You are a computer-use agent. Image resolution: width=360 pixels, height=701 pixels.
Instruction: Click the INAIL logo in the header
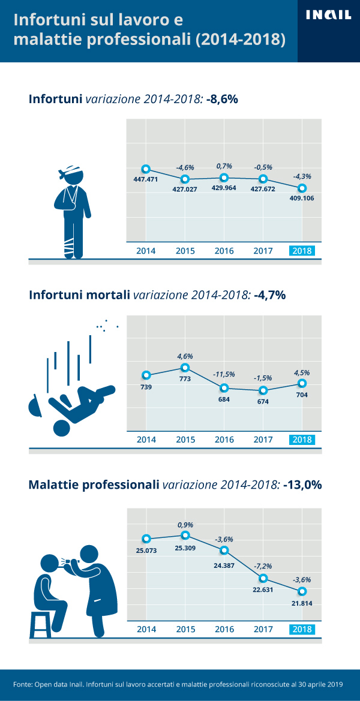(328, 16)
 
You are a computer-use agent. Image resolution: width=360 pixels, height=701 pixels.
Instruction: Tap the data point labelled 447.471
(146, 169)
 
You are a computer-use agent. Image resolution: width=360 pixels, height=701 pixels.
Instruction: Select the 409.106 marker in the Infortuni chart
(302, 188)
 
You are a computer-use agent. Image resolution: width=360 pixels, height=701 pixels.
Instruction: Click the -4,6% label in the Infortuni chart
(185, 167)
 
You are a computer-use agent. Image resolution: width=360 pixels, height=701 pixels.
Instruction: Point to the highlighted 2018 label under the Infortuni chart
(302, 251)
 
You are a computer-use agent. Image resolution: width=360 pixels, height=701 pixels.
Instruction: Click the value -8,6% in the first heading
(222, 99)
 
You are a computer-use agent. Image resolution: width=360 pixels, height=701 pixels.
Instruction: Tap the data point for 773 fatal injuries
(185, 368)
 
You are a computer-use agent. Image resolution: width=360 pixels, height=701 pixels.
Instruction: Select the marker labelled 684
(224, 388)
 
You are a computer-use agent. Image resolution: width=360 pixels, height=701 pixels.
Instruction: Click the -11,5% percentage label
(224, 374)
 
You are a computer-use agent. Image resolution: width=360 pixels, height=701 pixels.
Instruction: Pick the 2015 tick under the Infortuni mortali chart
(185, 440)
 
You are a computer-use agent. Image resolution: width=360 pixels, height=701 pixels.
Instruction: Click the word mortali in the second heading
(107, 295)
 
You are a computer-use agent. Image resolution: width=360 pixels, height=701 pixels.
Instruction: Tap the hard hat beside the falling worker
(35, 406)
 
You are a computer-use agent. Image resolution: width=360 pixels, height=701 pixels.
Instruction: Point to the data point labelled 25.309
(185, 535)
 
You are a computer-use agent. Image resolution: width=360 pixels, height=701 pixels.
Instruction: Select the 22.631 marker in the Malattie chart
(263, 579)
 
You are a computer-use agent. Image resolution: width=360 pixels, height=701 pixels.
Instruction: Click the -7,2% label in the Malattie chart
(263, 565)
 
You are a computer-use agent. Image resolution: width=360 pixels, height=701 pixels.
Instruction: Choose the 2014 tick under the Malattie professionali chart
(146, 629)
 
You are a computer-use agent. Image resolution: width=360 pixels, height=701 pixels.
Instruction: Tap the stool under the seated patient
(42, 624)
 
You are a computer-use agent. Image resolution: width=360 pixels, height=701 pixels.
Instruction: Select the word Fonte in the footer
(23, 684)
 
